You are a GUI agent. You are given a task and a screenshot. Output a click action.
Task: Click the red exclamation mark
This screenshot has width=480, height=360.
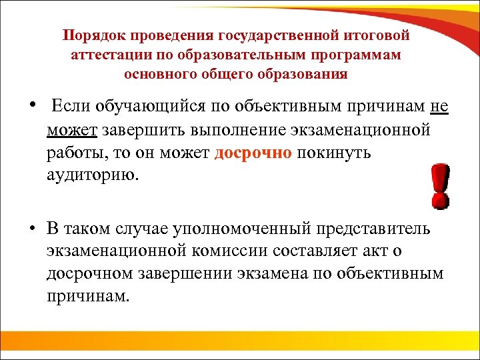click(x=439, y=187)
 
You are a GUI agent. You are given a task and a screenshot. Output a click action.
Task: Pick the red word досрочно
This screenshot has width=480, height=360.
click(x=253, y=153)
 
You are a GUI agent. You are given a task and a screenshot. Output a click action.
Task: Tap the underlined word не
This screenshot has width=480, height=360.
click(x=439, y=106)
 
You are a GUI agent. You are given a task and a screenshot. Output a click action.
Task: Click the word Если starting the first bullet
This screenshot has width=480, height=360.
click(x=71, y=106)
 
